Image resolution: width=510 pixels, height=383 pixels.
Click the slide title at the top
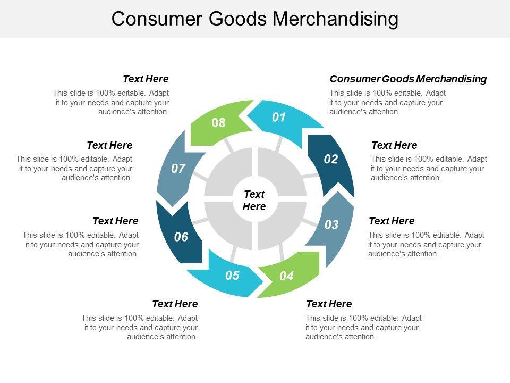pyautogui.click(x=255, y=19)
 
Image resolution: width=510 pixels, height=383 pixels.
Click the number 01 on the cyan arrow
pyautogui.click(x=279, y=118)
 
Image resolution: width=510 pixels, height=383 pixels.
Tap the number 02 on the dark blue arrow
pyautogui.click(x=331, y=159)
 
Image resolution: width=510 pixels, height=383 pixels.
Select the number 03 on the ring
pyautogui.click(x=331, y=225)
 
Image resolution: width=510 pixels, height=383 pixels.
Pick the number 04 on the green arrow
pyautogui.click(x=286, y=276)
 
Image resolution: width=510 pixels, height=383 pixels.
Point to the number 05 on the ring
pyautogui.click(x=232, y=276)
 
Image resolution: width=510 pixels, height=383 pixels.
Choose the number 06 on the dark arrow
pyautogui.click(x=181, y=237)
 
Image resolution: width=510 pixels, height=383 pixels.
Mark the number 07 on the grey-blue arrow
pyautogui.click(x=178, y=169)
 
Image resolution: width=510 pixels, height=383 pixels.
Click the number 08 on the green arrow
pyautogui.click(x=218, y=123)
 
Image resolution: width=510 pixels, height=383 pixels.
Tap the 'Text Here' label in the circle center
pyautogui.click(x=254, y=201)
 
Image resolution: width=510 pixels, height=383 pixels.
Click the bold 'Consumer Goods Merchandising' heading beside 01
pyautogui.click(x=408, y=79)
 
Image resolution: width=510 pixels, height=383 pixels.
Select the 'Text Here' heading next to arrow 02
pyautogui.click(x=394, y=145)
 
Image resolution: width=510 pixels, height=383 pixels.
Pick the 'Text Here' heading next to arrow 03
pyautogui.click(x=392, y=221)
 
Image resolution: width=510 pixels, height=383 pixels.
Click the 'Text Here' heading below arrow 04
pyautogui.click(x=329, y=304)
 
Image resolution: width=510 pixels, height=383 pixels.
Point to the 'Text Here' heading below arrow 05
pyautogui.click(x=175, y=304)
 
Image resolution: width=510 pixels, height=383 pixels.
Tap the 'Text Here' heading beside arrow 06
pyautogui.click(x=115, y=221)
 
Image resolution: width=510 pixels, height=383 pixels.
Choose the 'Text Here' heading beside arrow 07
pyautogui.click(x=109, y=145)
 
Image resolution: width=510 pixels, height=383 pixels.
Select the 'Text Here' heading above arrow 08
pyautogui.click(x=146, y=79)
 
